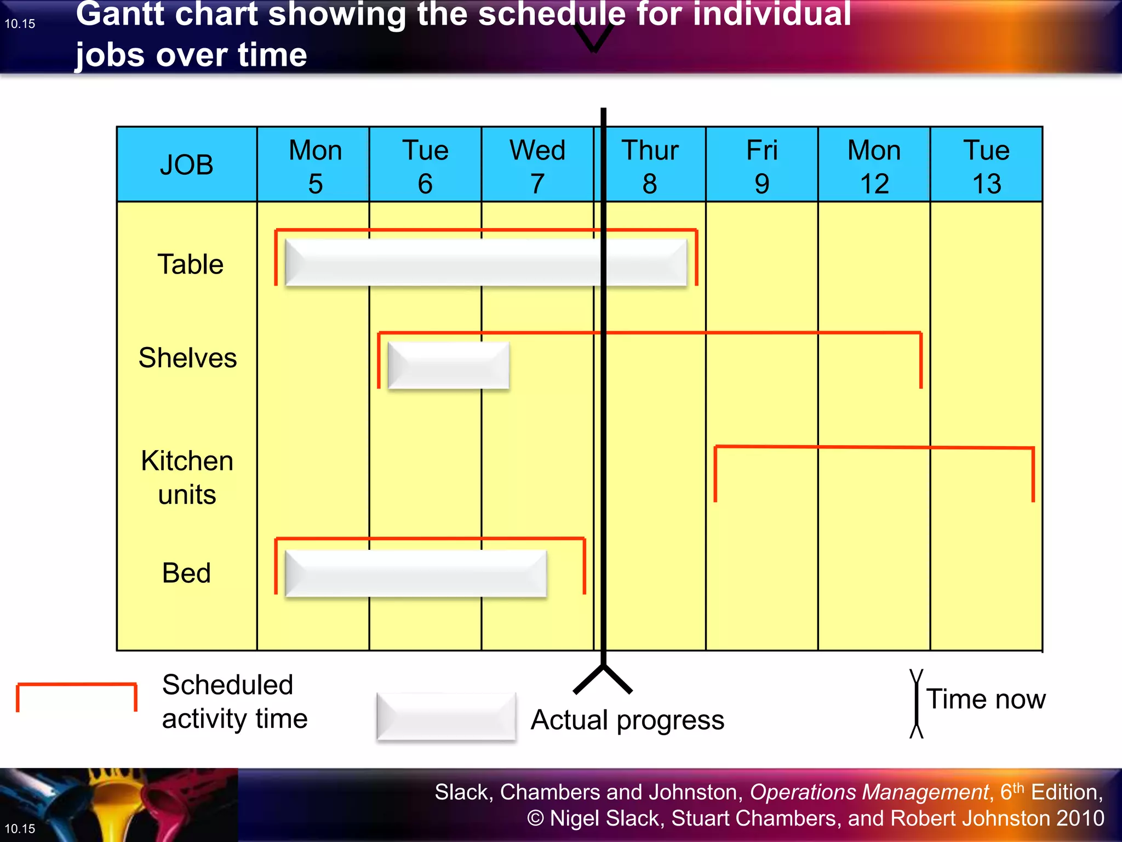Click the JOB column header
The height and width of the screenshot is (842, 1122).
tap(187, 164)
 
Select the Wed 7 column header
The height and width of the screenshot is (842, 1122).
tap(537, 166)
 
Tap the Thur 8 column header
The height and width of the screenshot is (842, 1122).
tap(650, 166)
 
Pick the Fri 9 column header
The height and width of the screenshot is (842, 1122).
tap(762, 166)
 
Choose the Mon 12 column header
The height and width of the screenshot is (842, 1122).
tap(874, 166)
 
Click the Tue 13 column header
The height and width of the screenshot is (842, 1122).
tap(986, 166)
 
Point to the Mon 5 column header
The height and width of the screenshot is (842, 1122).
tap(315, 166)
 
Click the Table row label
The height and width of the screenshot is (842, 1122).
tap(190, 264)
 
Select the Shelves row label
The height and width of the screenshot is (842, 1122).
tap(187, 358)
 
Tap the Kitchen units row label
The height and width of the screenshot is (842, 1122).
tap(187, 477)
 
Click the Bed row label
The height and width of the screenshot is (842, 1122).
tap(186, 573)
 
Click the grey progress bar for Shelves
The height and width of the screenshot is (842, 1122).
tap(448, 366)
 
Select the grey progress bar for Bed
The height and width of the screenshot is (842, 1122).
tap(415, 573)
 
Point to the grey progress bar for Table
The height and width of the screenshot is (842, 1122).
tap(485, 262)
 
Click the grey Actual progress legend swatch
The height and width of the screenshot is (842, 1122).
tap(446, 716)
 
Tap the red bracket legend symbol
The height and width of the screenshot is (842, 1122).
tap(76, 696)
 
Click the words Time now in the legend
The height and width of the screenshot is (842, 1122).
tap(986, 699)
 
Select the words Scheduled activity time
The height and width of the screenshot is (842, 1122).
tap(234, 702)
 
